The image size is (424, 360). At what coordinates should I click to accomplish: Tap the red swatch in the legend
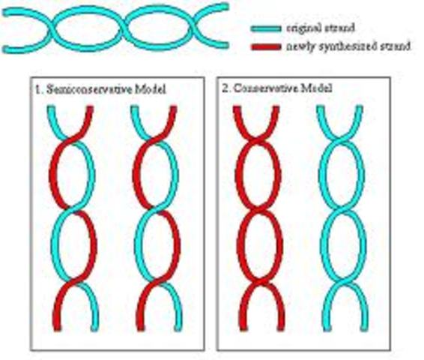(x=266, y=46)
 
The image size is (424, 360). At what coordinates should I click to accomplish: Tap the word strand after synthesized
(x=397, y=46)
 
